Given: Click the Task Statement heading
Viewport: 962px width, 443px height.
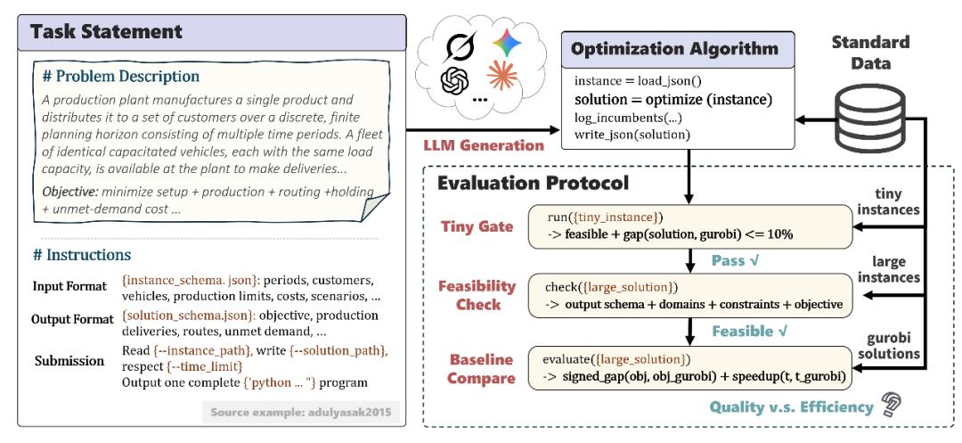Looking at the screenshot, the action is point(106,31).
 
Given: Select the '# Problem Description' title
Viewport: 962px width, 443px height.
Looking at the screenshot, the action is point(121,77).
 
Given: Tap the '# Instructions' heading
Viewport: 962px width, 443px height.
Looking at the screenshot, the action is point(82,255).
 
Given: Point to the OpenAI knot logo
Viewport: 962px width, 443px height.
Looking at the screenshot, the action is point(454,79).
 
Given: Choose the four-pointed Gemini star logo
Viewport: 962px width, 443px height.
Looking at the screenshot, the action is point(507,44).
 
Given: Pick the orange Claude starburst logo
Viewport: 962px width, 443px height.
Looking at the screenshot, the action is point(501,76).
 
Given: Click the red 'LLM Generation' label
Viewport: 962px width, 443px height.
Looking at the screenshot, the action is point(484,145).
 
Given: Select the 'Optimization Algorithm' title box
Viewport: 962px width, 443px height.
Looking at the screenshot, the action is point(677,49).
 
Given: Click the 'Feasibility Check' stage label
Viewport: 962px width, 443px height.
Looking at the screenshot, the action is point(477,294).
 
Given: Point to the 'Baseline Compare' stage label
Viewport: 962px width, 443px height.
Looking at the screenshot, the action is point(481,368).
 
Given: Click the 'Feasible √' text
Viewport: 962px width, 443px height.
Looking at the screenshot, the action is point(751,332).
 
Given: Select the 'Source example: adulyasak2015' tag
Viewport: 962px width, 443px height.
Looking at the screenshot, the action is point(301,412).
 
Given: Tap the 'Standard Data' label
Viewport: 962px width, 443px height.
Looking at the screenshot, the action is point(870,53).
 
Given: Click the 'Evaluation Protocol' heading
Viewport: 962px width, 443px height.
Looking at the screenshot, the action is point(533,183).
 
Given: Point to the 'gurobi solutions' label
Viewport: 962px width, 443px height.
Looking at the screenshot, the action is point(893,346).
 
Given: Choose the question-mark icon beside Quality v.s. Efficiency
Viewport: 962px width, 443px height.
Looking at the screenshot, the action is point(889,405).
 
